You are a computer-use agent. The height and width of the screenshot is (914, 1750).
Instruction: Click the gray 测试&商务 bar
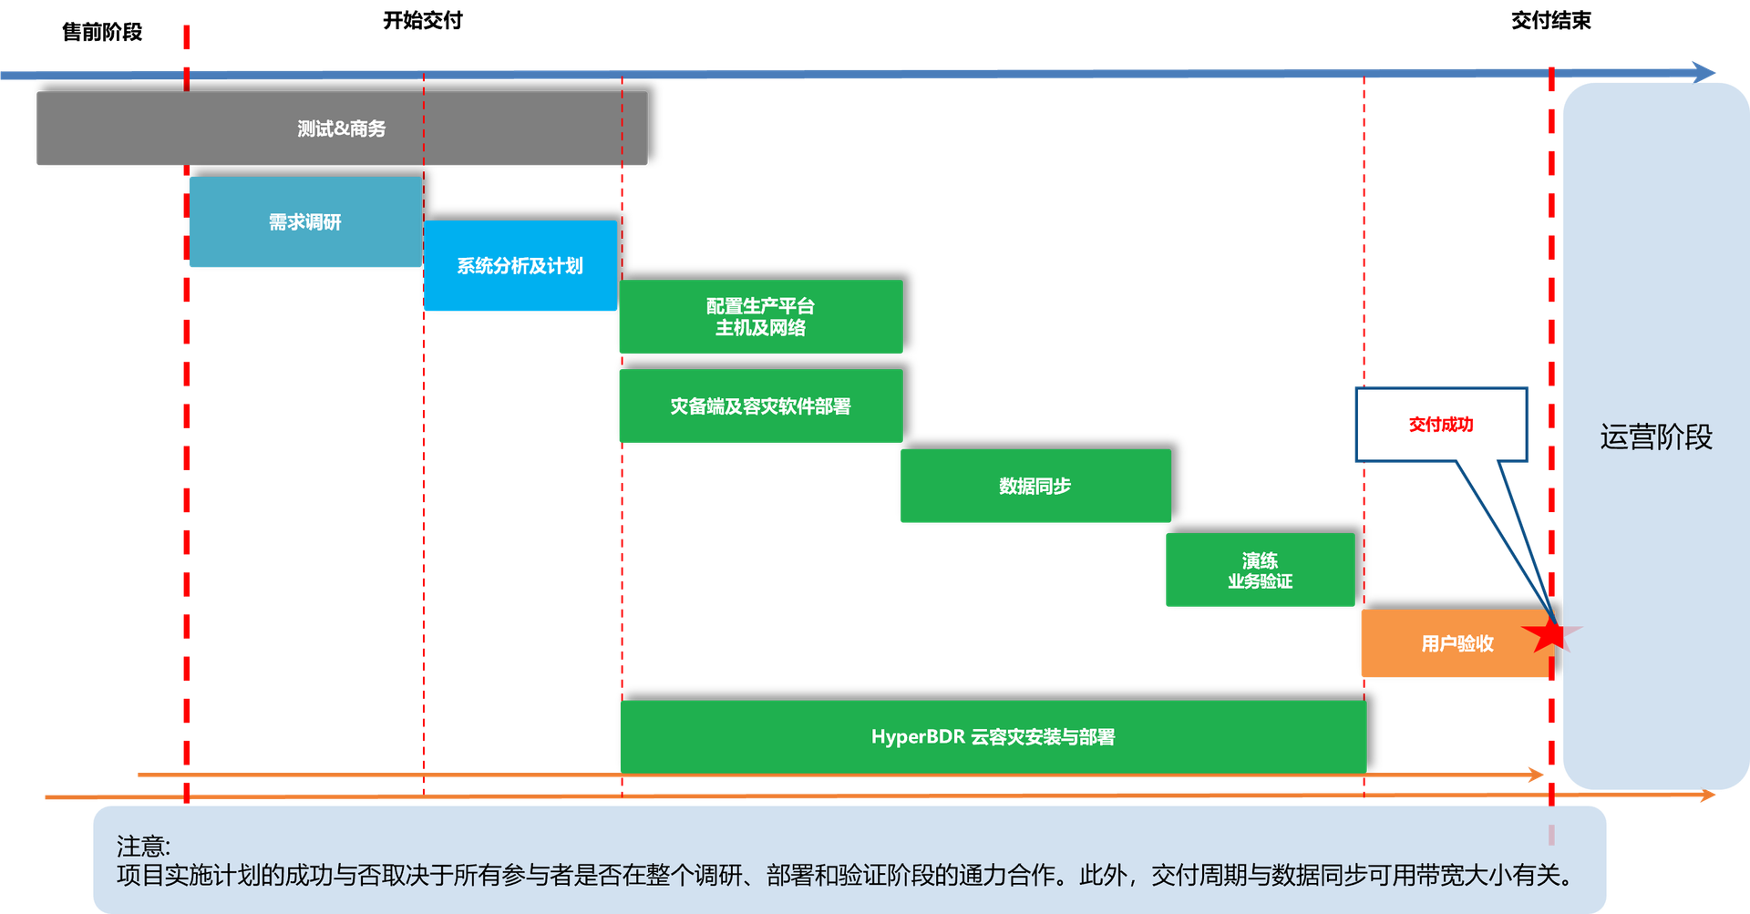342,128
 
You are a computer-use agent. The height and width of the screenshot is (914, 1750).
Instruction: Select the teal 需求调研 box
305,222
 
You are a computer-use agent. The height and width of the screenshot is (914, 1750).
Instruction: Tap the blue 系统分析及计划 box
520,266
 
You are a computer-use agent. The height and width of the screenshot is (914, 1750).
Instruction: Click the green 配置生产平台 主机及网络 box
760,316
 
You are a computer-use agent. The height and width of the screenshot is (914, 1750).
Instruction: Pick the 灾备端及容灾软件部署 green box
760,406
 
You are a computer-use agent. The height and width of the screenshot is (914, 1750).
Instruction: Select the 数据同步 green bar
1035,486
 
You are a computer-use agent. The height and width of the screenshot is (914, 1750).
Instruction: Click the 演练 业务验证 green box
1260,570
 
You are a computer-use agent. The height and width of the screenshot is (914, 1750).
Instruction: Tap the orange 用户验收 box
1457,644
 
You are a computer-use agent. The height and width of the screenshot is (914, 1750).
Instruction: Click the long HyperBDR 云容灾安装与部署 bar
993,736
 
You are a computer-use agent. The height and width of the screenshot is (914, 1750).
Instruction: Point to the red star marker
1551,633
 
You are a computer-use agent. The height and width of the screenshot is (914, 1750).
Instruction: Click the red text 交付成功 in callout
1441,425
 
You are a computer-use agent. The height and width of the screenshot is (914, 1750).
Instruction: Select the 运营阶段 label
1656,437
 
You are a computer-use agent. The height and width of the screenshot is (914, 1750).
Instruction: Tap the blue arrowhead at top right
1704,71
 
